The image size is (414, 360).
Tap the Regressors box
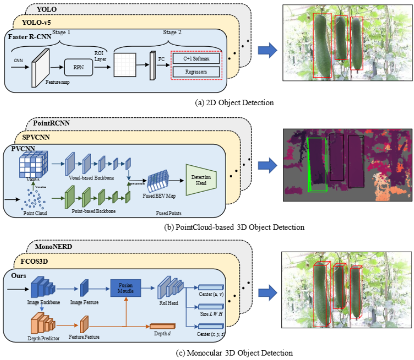tap(197, 72)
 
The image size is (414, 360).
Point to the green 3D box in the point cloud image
tap(316, 164)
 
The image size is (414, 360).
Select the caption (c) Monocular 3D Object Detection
tap(235, 353)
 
